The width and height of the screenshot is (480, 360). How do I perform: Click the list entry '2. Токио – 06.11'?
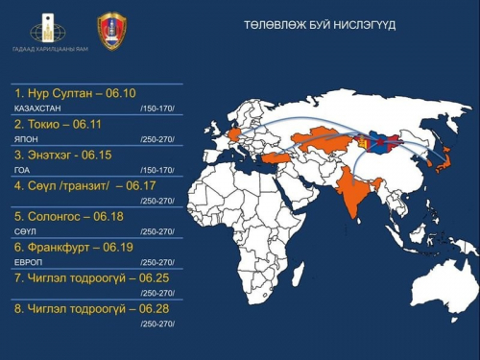click(x=59, y=125)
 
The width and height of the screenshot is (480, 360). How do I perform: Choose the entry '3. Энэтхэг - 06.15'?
click(x=63, y=155)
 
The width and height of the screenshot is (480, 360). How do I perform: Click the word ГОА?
click(x=21, y=170)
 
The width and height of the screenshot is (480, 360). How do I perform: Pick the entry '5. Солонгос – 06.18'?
click(x=68, y=216)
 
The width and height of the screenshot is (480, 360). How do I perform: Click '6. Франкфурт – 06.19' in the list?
click(x=73, y=247)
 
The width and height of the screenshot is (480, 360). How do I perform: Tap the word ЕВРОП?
click(x=27, y=262)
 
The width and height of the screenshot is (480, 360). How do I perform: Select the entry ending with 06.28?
click(x=85, y=308)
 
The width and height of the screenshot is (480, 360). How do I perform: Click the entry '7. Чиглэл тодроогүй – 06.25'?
click(x=85, y=277)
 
